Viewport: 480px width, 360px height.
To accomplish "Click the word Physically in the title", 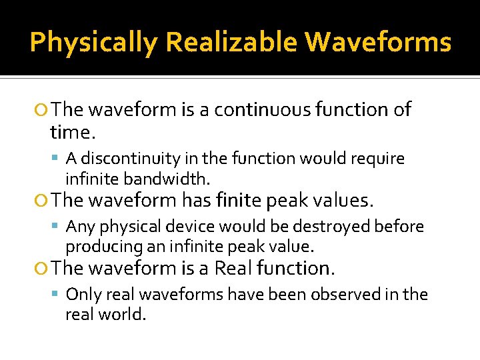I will coord(94,43).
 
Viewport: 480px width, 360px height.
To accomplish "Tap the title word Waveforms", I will coord(378,43).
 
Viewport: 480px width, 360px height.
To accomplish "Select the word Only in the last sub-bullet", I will coord(83,295).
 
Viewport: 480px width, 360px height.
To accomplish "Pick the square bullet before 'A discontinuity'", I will coord(58,159).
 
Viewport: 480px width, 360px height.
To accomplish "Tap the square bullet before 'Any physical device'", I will coord(58,227).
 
